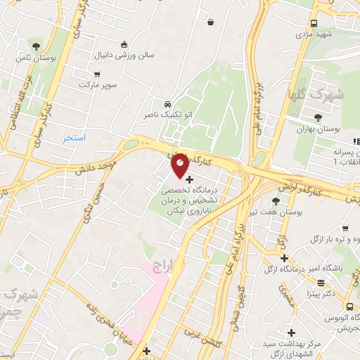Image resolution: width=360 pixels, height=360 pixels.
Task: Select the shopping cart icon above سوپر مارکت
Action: tap(97, 73)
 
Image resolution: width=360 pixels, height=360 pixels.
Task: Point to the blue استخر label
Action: tap(74, 138)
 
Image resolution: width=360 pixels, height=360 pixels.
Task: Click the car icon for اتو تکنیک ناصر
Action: tap(167, 103)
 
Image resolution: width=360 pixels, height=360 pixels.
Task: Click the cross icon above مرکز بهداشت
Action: tap(291, 333)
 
